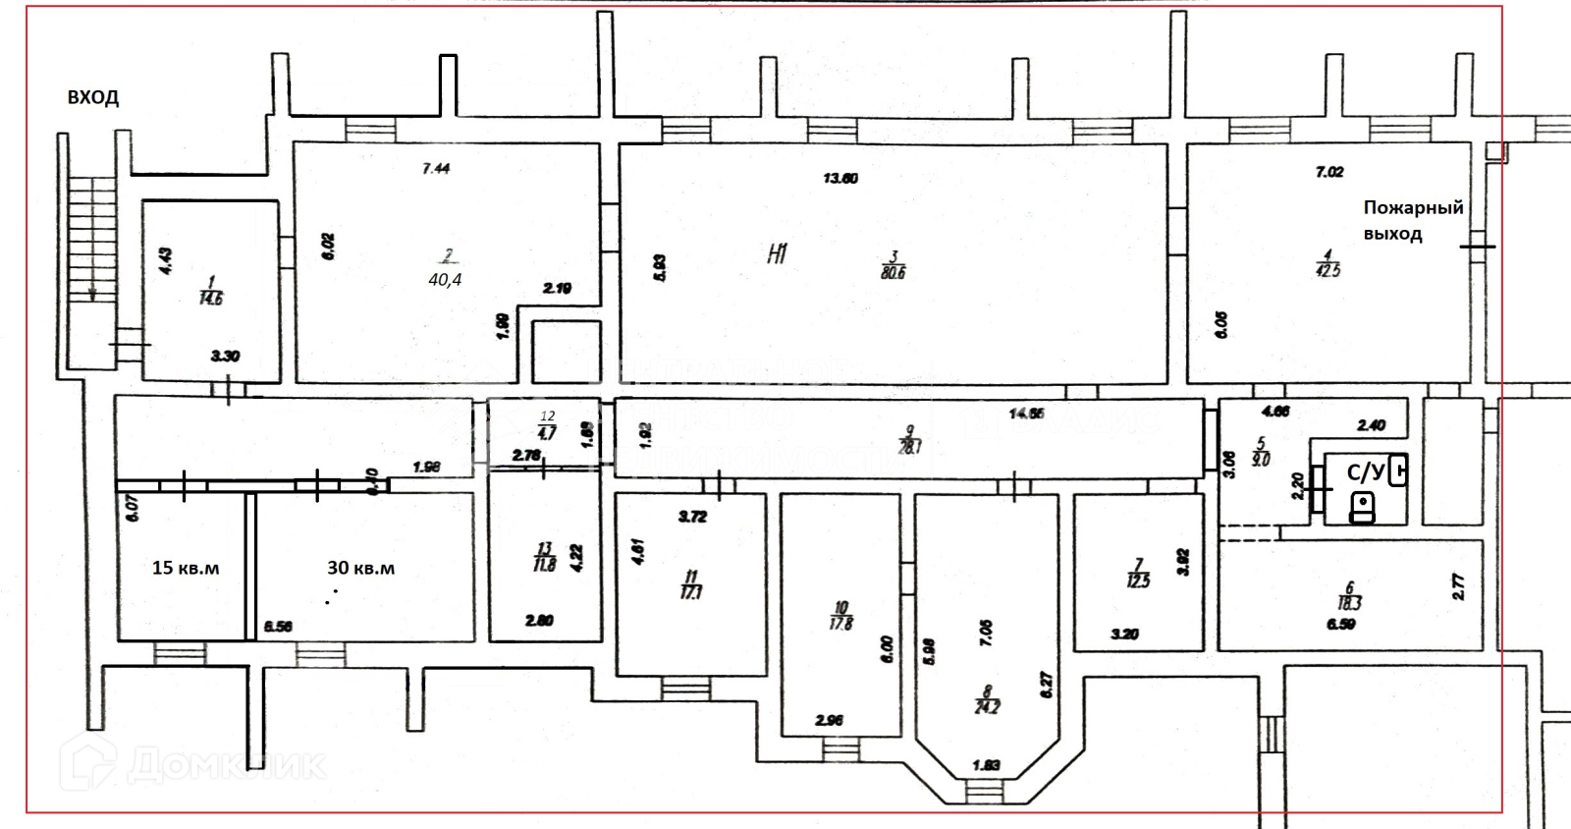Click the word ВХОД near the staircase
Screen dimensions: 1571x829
[93, 97]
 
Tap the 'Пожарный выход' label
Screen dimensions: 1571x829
[1412, 220]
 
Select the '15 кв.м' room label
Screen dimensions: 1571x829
[186, 568]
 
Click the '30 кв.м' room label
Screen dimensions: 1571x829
[360, 568]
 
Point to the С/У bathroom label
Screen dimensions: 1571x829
[1366, 472]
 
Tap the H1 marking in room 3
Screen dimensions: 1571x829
[777, 255]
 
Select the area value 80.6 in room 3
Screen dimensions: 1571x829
[894, 273]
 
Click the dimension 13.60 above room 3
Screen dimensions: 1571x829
[840, 179]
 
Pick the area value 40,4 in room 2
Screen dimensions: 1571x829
[445, 280]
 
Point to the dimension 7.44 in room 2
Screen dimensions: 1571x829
[436, 169]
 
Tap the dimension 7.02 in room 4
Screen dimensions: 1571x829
[1329, 172]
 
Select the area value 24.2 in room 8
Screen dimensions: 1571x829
[987, 707]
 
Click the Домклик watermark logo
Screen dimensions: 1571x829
[191, 763]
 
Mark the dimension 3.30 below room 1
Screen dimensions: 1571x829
[225, 357]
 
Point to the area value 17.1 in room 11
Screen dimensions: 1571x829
[691, 592]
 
